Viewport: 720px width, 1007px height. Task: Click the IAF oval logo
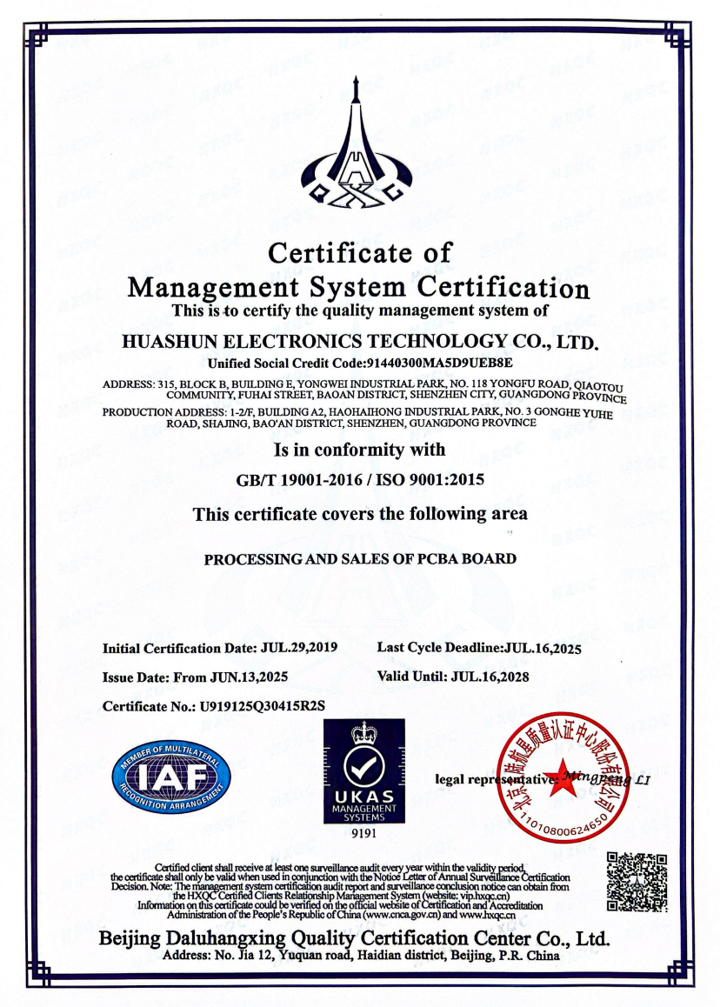coord(170,774)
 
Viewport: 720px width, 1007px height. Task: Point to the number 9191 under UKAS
coord(363,834)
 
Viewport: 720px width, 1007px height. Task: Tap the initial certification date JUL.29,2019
coord(298,648)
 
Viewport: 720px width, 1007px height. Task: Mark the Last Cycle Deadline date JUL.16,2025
coord(543,648)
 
